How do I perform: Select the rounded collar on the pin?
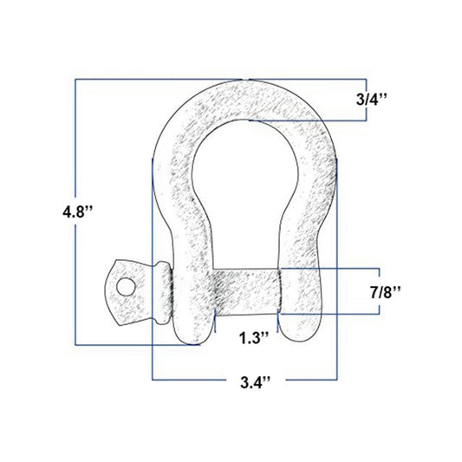[x=161, y=293]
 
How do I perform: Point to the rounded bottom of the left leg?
[x=192, y=334]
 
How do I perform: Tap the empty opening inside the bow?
[x=245, y=191]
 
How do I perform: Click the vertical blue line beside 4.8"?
[x=76, y=211]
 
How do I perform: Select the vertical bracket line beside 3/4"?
[x=354, y=101]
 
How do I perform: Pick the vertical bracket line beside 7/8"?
[x=354, y=291]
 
